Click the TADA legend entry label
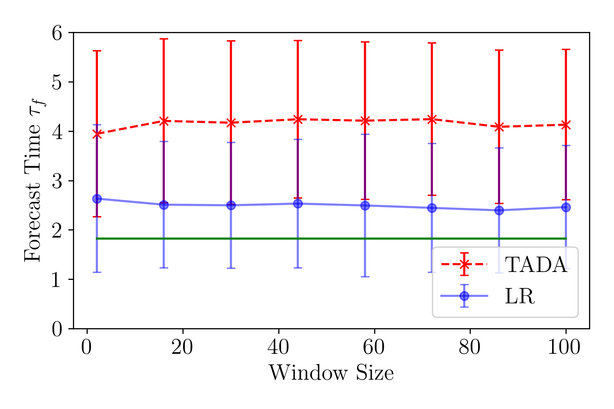click(x=536, y=265)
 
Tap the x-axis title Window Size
click(x=331, y=373)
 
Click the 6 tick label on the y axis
click(x=57, y=33)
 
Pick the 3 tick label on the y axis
click(x=57, y=181)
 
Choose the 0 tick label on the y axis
click(x=57, y=329)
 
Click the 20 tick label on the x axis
click(x=182, y=348)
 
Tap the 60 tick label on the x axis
click(x=374, y=348)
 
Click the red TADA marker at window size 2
click(x=97, y=134)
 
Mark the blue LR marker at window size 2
click(x=97, y=199)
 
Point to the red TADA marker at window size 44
click(x=298, y=119)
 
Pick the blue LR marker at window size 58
click(x=365, y=206)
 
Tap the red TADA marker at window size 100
click(x=566, y=125)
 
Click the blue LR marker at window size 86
click(x=499, y=210)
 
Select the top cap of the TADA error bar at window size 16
click(x=164, y=39)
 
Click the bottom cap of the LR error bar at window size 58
click(x=365, y=276)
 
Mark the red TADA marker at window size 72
click(x=432, y=119)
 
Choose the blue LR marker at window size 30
click(x=231, y=205)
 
